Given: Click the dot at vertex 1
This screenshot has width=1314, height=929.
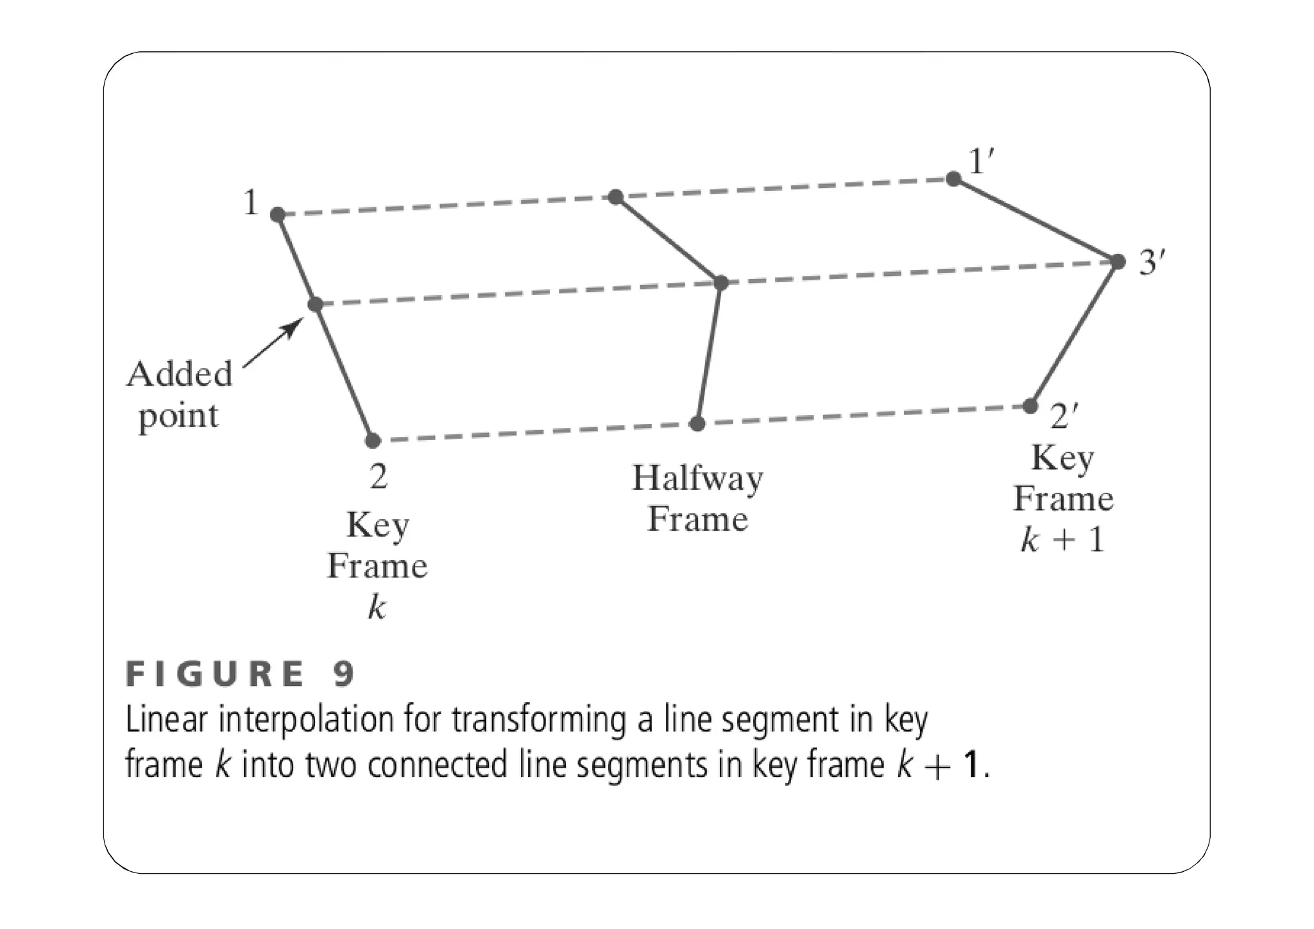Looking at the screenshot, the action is click(x=277, y=214).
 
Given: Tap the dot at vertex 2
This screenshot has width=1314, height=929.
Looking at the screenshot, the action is click(x=373, y=441).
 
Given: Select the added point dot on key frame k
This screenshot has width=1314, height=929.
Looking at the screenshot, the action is click(x=315, y=304).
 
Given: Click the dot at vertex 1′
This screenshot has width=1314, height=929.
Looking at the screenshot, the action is click(x=953, y=178).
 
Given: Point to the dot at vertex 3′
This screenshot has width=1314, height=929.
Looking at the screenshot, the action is click(x=1118, y=261).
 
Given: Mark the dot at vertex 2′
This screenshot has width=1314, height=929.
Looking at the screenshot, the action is click(x=1030, y=405).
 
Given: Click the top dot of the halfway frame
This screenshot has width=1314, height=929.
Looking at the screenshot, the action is click(x=615, y=196).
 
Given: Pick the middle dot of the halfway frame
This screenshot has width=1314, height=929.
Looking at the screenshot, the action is click(x=721, y=282).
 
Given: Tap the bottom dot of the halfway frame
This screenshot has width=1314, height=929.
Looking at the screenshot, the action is click(x=697, y=423).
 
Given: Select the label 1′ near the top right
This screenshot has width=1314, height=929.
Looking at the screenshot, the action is click(x=981, y=161).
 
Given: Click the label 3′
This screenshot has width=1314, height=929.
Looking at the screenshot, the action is click(x=1152, y=262).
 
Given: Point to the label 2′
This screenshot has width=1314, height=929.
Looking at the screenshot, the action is click(x=1064, y=416).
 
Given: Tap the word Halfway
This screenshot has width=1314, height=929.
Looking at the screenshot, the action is click(x=697, y=479).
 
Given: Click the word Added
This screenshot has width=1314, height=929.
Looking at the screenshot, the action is click(x=179, y=374).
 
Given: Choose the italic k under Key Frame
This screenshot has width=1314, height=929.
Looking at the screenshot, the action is click(x=377, y=606).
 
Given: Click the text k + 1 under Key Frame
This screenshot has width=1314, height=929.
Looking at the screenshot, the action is click(x=1062, y=539).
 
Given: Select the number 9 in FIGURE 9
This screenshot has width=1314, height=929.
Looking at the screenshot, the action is click(x=344, y=674).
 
